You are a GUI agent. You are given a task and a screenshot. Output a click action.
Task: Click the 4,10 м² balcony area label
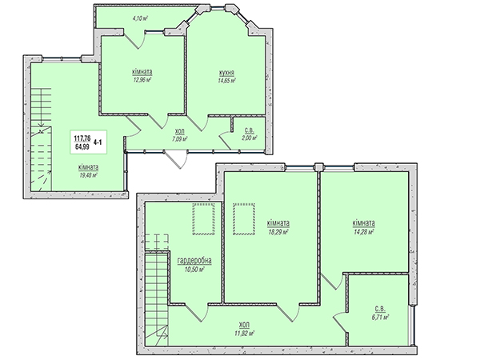coord(140,18)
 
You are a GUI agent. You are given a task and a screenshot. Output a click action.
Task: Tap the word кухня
coord(227,73)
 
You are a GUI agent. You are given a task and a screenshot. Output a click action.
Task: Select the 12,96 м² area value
coord(142,80)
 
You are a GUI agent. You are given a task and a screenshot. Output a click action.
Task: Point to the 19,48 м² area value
coord(88,175)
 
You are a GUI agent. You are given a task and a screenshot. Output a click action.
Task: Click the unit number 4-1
coord(98,142)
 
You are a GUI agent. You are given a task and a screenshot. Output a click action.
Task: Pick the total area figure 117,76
coord(82,139)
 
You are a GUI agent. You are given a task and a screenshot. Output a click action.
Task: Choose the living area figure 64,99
coord(82,146)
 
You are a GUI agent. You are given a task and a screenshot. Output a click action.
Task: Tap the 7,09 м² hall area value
coord(179,138)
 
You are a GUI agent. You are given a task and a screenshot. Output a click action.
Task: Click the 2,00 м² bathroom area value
coord(249,138)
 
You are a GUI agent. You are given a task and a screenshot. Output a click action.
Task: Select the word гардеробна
coord(194,261)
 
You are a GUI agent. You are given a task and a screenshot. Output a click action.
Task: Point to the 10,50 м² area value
coord(194,270)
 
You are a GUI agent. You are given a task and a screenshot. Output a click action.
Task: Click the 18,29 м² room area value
coord(278,232)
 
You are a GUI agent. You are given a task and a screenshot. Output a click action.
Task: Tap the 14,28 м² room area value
coord(364,232)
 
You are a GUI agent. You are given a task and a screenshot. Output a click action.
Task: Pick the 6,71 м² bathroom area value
coord(380,318)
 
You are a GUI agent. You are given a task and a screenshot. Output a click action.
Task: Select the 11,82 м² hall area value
coord(245,333)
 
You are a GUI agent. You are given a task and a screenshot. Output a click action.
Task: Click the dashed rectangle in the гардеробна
coord(203,218)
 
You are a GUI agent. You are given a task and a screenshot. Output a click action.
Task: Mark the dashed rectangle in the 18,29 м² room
coord(244,218)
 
